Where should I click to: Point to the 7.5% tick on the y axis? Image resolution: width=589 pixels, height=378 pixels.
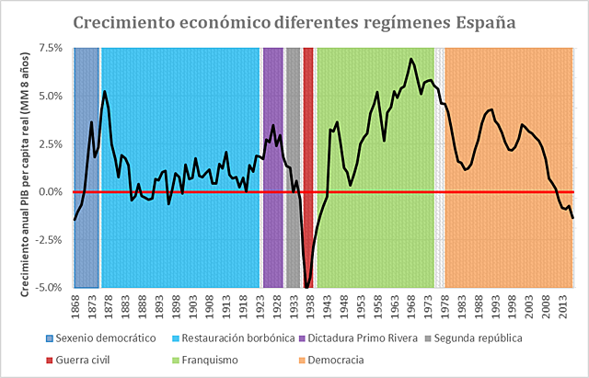click(x=50, y=48)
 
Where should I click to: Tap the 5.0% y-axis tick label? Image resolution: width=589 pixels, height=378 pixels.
click(x=50, y=96)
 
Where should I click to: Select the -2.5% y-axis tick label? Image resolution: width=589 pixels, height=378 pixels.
click(x=48, y=240)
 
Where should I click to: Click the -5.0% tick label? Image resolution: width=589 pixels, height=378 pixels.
click(x=48, y=288)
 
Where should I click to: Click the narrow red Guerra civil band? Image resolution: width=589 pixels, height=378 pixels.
click(x=308, y=138)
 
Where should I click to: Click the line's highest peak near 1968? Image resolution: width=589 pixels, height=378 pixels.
click(x=410, y=59)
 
